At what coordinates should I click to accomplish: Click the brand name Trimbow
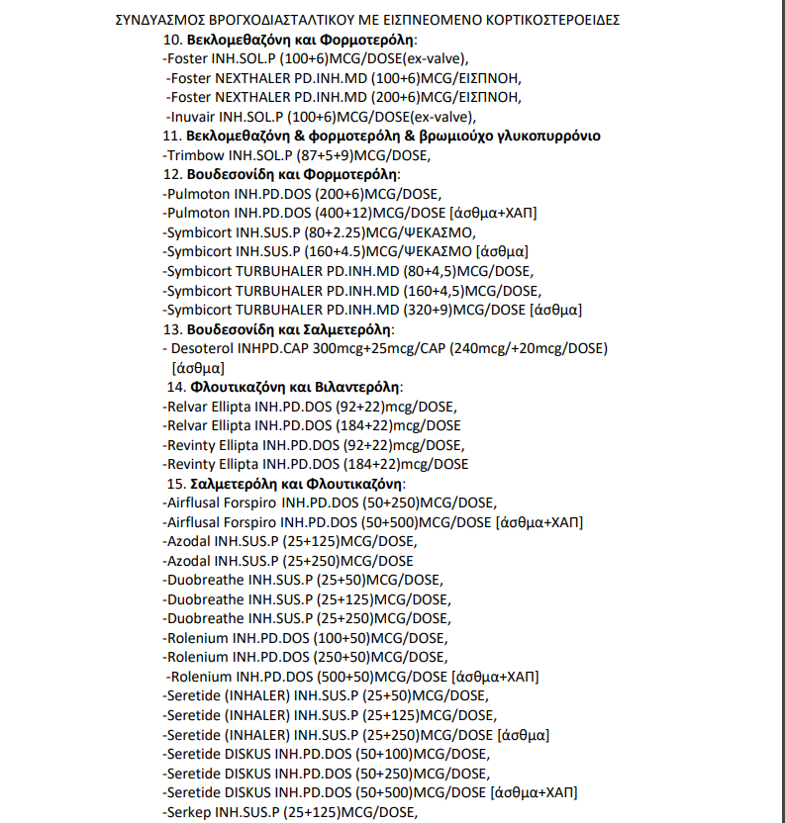[x=196, y=155]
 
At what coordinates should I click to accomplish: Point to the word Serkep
[x=189, y=812]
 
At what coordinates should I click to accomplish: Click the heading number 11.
[x=173, y=136]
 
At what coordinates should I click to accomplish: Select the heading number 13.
[x=173, y=328]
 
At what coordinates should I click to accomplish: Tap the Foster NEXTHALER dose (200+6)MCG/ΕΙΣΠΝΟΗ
[x=446, y=97]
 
